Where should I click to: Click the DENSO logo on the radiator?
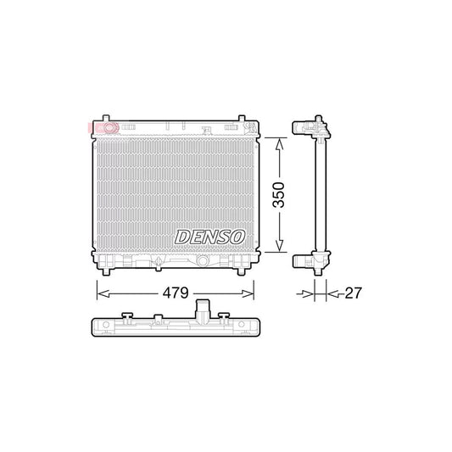pyautogui.click(x=209, y=237)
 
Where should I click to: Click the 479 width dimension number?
pyautogui.click(x=176, y=293)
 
